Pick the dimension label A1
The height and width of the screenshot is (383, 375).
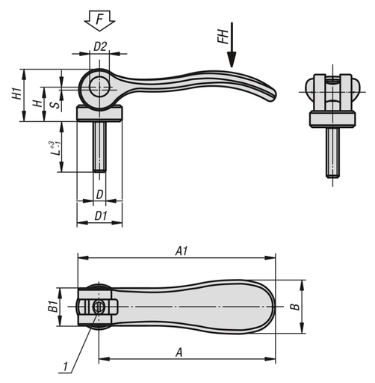[180, 252]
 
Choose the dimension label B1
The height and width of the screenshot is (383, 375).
[53, 307]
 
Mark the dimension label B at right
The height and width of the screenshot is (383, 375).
[295, 307]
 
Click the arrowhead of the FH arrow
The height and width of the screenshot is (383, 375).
[232, 64]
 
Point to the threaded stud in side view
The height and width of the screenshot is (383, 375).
[99, 147]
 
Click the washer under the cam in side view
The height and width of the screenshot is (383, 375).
[99, 113]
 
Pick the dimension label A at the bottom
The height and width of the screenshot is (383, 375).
[180, 350]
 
